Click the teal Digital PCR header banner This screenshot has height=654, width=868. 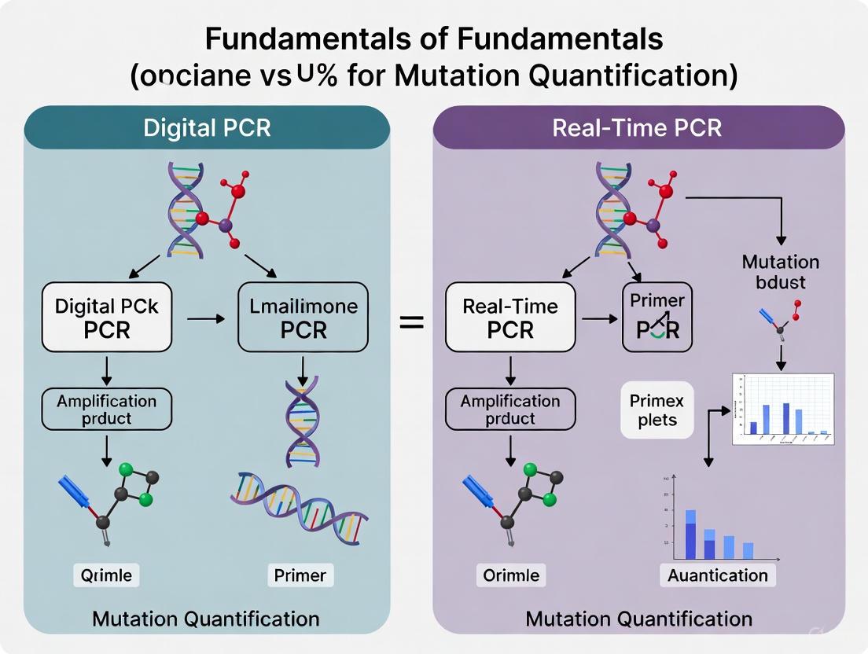pos(207,127)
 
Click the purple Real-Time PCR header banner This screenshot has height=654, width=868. pos(638,127)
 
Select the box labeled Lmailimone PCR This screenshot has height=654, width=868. pos(303,317)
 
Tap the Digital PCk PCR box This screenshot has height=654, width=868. pos(107,317)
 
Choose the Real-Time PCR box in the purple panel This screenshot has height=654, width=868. pos(510,317)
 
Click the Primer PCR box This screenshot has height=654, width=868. pos(657,317)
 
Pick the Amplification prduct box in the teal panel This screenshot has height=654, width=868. pos(107,409)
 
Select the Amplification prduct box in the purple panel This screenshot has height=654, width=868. pos(510,409)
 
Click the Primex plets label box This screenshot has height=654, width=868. pos(657,410)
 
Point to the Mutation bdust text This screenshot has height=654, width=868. pos(780,271)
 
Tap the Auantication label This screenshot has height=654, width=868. pos(717,575)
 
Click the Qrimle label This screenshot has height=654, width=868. pos(107,575)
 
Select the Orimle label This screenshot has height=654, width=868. pos(511,575)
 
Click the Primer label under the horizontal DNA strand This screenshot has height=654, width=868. pos(300,575)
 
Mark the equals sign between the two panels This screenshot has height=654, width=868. pos(412,321)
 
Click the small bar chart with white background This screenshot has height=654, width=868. pos(782,409)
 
